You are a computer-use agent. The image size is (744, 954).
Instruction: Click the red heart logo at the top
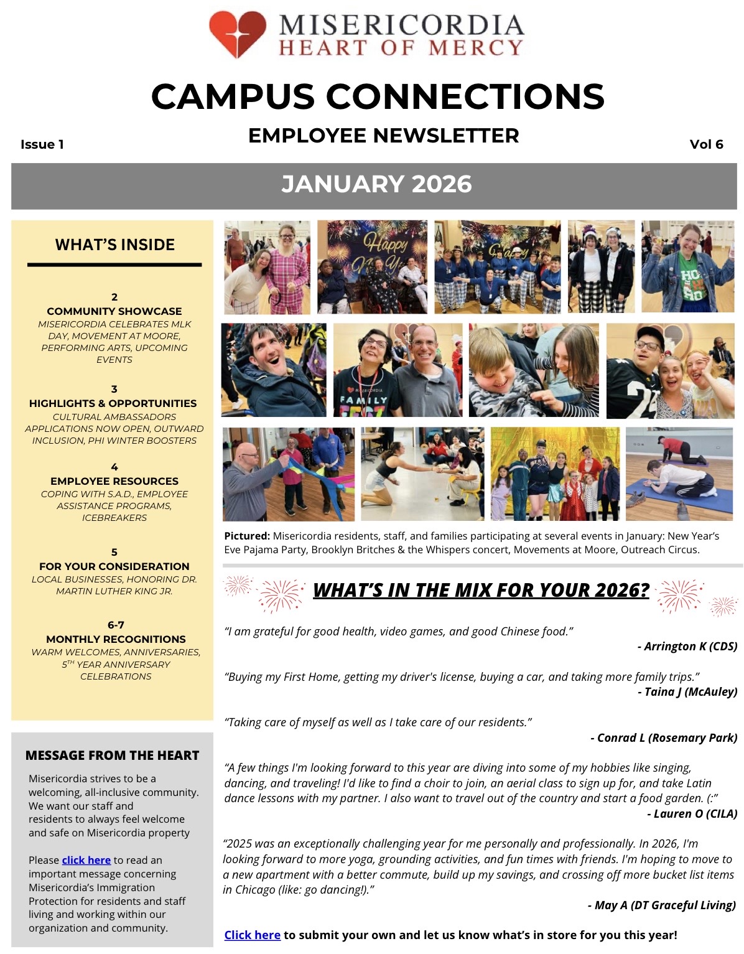point(237,34)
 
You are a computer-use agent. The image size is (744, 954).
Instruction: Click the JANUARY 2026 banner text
point(376,184)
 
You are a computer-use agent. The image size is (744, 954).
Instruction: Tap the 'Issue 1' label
point(42,145)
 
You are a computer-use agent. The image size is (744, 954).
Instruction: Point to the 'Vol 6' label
point(706,145)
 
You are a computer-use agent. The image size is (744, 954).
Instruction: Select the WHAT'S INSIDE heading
point(115,245)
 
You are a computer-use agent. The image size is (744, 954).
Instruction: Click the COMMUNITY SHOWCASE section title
point(114,311)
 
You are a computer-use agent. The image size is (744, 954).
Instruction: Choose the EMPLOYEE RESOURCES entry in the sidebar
point(114,481)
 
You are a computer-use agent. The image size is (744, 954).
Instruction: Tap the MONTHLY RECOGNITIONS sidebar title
point(116,639)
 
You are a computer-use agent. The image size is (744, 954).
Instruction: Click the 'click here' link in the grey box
point(86,860)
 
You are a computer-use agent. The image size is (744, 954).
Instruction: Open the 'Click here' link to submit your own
point(252,935)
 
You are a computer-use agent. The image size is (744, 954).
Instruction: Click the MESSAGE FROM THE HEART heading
point(112,755)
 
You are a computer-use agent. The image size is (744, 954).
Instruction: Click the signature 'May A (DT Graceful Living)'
point(664,905)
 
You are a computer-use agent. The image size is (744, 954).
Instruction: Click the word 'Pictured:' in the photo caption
point(247,536)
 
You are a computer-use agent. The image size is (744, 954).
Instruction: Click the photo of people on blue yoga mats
point(679,474)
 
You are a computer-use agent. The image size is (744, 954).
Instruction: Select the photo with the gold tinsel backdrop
point(555,474)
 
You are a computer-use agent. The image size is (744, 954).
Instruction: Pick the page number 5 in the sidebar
point(114,552)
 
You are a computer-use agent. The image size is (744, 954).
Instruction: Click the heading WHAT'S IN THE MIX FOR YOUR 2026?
point(481,590)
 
